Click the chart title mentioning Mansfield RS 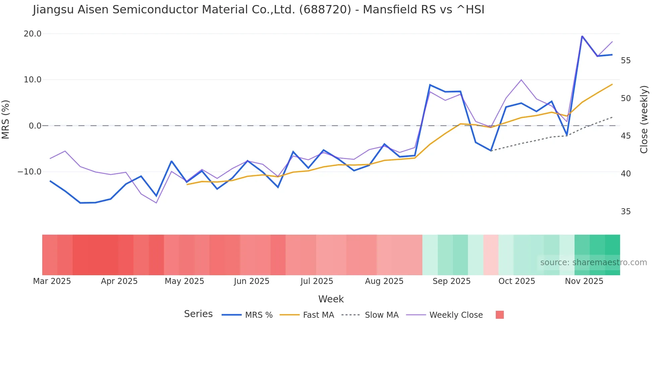pos(258,10)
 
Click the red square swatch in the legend pos(499,315)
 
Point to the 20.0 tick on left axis pos(33,34)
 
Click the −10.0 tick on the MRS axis pos(29,172)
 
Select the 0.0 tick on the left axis pos(35,126)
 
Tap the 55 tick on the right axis pos(625,61)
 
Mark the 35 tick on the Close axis pos(625,212)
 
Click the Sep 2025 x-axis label pos(451,281)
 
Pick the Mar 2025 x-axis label pos(52,281)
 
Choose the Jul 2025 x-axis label pos(317,281)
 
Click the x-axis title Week pos(331,299)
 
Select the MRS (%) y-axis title pos(6,119)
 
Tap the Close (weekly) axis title pos(644,120)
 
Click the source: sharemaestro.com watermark pos(593,263)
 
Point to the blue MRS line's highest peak pos(582,36)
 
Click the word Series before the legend pos(198,314)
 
